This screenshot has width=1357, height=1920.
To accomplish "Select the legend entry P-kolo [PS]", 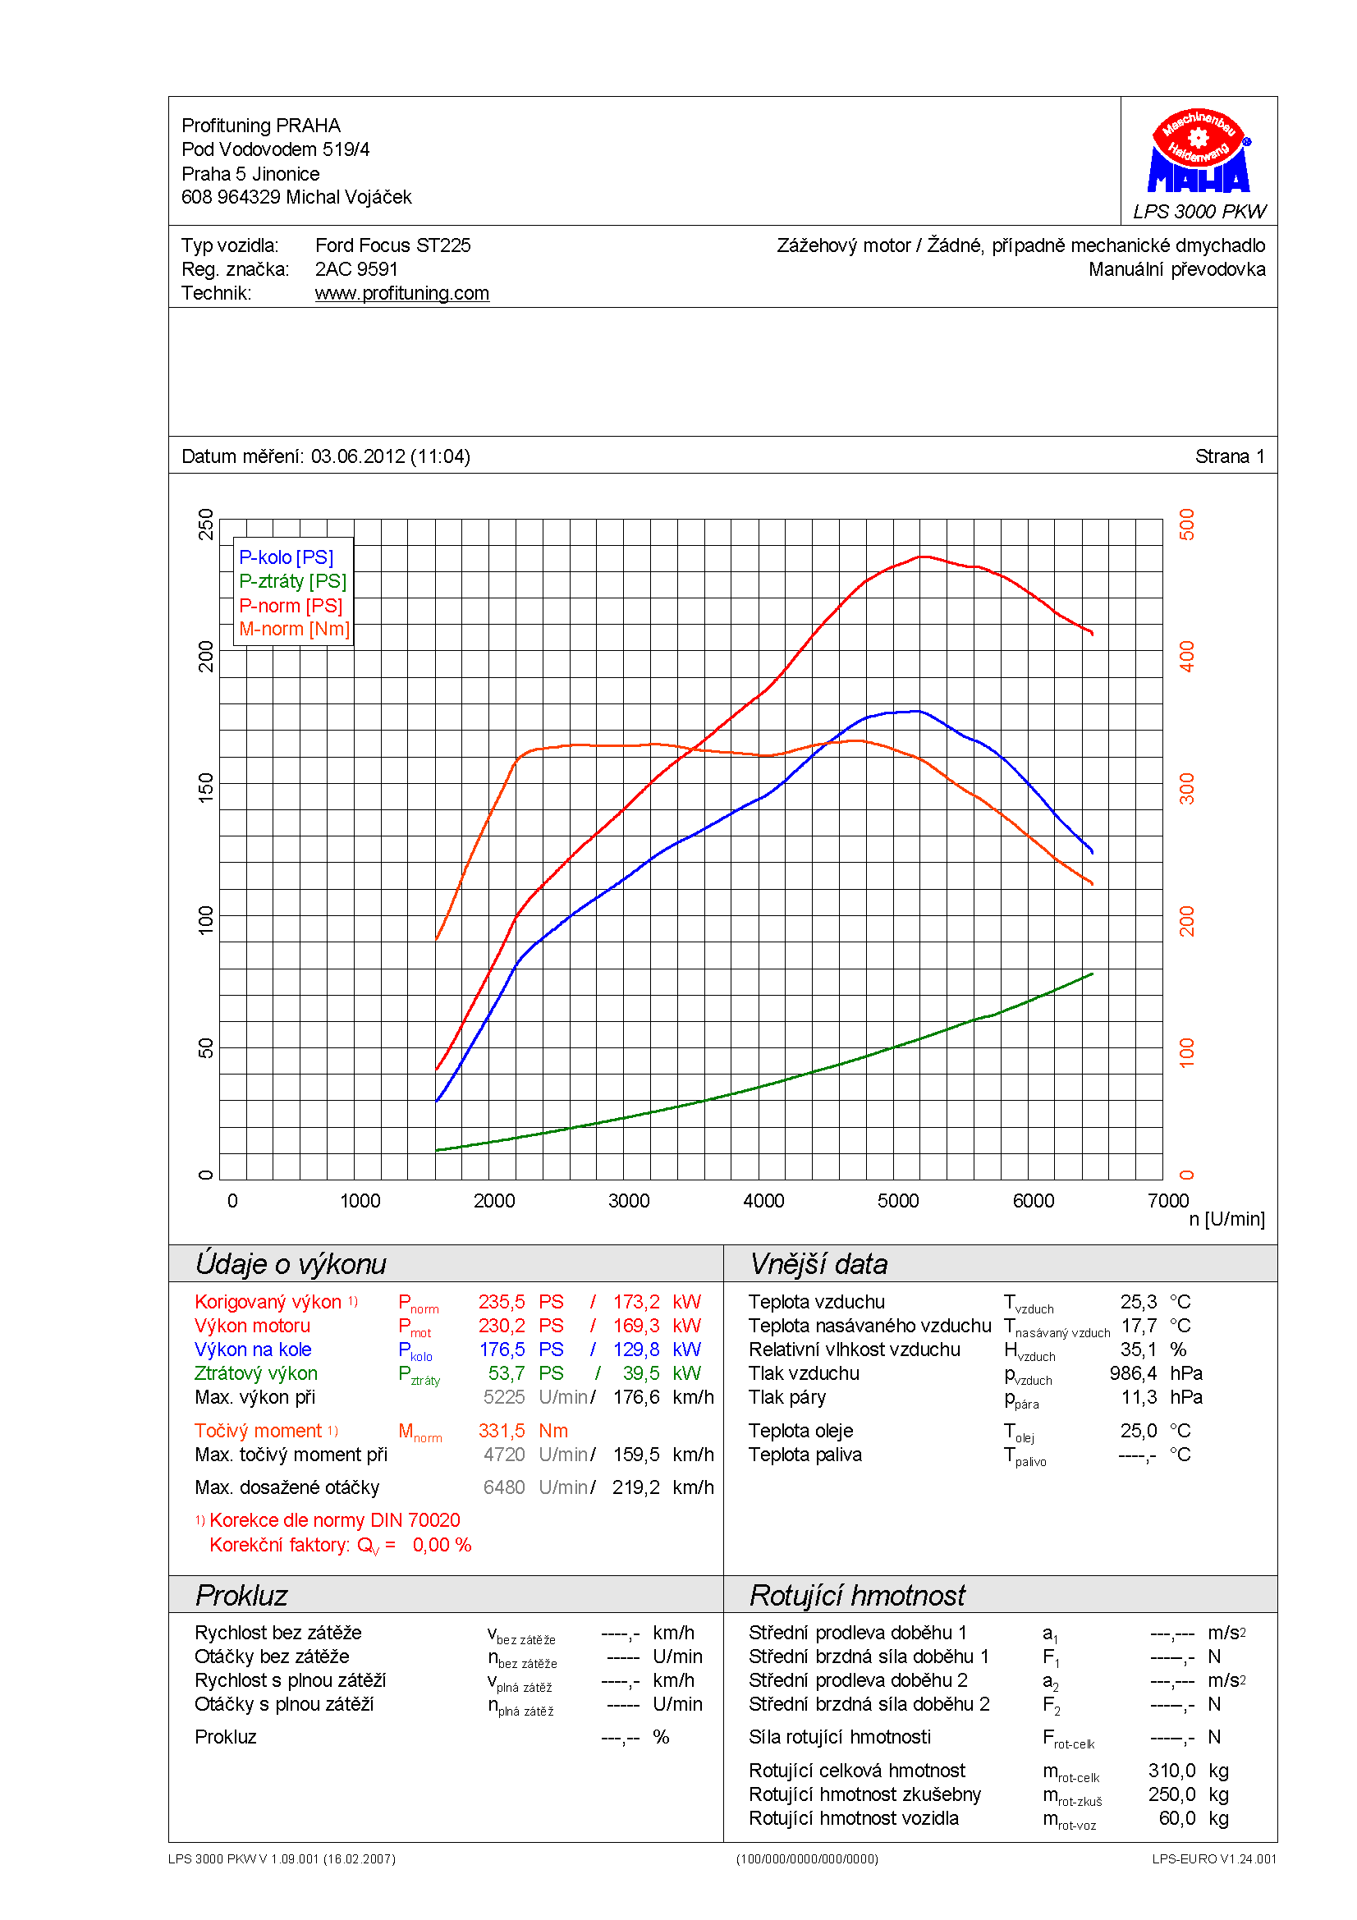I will tap(286, 557).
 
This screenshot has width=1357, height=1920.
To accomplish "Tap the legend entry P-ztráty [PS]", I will tap(292, 581).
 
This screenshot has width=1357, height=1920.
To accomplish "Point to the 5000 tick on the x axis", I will tap(898, 1202).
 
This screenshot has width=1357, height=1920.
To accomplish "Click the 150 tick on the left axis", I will tap(206, 788).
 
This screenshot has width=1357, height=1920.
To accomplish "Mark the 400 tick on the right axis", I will tap(1186, 657).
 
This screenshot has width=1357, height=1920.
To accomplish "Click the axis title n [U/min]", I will tap(1226, 1219).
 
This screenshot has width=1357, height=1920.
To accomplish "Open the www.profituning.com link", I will tap(402, 294).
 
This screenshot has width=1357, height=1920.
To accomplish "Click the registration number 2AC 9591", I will tap(356, 269).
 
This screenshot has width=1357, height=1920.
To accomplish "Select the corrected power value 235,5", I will tap(502, 1302).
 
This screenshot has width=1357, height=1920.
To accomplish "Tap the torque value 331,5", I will tap(502, 1431).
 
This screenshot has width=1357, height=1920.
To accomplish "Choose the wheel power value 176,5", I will tap(502, 1349).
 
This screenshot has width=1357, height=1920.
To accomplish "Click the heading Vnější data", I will tap(818, 1264).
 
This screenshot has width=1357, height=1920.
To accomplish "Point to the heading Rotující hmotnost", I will tap(857, 1596).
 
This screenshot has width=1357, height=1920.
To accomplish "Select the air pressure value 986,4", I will tap(1133, 1373).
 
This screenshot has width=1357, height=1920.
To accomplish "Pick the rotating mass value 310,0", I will tap(1171, 1771).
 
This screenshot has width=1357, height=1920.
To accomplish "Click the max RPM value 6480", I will tap(504, 1487).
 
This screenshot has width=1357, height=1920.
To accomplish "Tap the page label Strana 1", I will tap(1229, 456).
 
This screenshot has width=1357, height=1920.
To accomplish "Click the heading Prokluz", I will tap(241, 1596).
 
